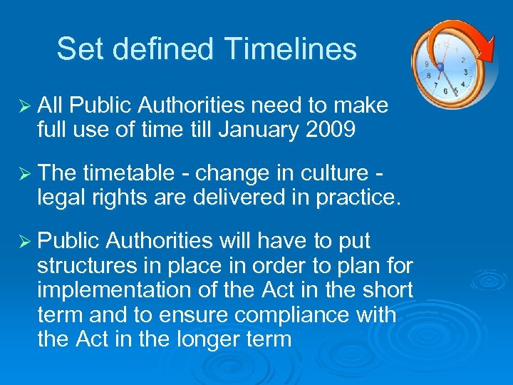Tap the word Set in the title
[x=76, y=49]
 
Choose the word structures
[x=93, y=266]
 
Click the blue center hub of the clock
[x=440, y=68]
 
